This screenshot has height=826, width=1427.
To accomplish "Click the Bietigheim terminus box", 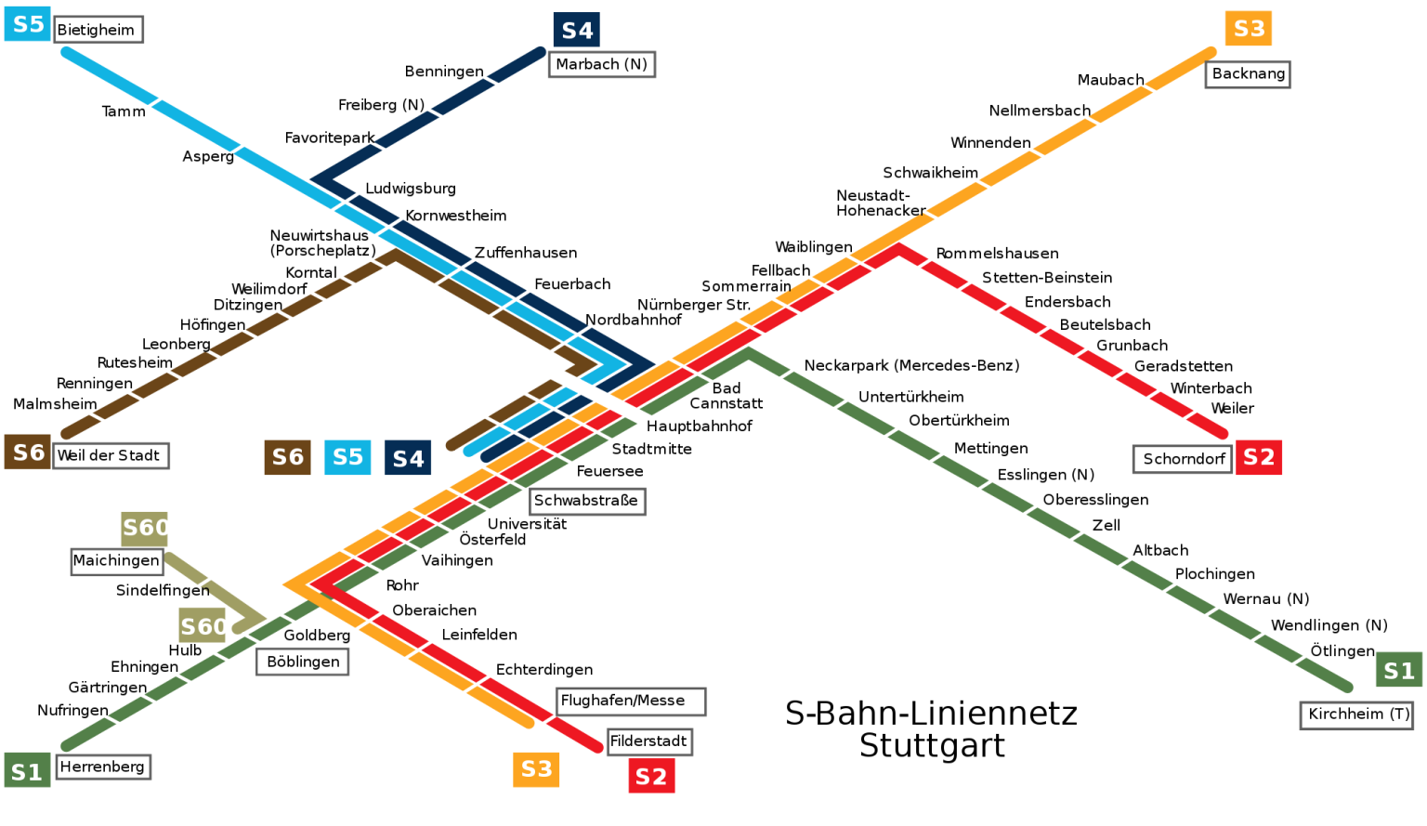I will coord(98,30).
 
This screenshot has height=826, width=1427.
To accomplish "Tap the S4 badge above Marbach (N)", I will coord(576,30).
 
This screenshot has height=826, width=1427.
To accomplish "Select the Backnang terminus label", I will coord(1248,73).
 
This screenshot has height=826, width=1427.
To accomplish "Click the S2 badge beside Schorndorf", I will coord(1258,457).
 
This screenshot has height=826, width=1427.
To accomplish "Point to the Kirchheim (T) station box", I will coord(1356,715).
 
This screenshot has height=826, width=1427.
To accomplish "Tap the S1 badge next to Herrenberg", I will coord(27,771).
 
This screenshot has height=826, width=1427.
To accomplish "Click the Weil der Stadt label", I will coord(110,455).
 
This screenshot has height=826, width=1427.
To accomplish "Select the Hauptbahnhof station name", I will coord(699,426).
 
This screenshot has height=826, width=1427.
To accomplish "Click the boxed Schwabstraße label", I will coord(587,501).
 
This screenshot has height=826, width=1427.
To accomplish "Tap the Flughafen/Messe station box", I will coord(631,701).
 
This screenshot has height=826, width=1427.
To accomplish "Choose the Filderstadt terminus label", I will coord(648,741).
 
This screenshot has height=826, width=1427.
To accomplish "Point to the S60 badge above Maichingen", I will coord(145,528).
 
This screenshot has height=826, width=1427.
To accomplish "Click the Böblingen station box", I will coord(303,662).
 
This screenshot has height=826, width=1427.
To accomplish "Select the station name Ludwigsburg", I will coord(411,189).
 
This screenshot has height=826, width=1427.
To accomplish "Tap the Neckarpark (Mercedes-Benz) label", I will coord(911,366).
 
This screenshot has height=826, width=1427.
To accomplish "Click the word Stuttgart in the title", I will coord(932,746).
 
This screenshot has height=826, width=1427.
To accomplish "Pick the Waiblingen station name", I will coord(814,247).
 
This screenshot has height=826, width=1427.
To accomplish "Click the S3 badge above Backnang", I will coord(1248,29).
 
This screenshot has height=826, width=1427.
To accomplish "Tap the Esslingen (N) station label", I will coord(1046,475).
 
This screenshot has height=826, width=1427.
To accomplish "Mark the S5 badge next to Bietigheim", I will coord(27,24).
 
